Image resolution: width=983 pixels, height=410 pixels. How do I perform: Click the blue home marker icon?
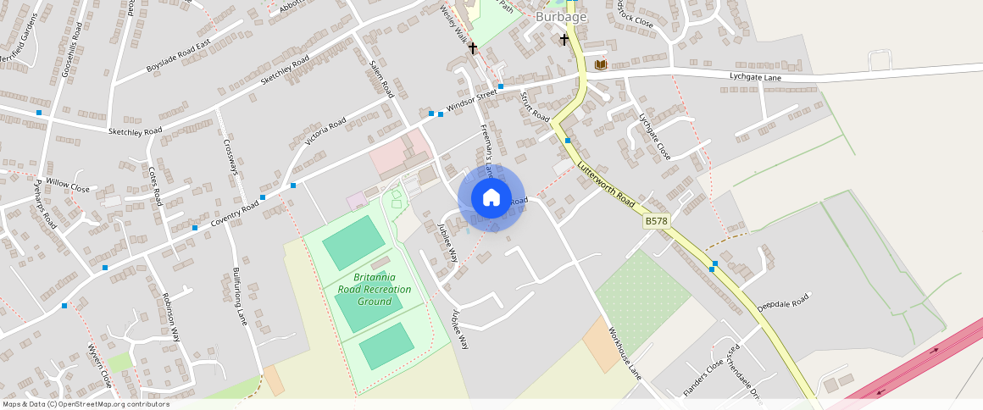[x=491, y=197]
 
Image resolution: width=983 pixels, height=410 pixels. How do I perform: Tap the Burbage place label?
[x=561, y=16]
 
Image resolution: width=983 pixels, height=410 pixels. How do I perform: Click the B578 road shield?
[x=656, y=221]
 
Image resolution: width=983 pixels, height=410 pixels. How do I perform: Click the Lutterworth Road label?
[x=607, y=187]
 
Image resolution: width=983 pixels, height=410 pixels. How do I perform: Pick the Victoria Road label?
[x=325, y=133]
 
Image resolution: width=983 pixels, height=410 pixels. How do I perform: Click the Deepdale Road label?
[x=785, y=302]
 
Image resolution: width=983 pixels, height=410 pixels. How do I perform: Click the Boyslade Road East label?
[x=177, y=56]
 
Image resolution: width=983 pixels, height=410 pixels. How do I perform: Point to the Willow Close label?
[x=68, y=184]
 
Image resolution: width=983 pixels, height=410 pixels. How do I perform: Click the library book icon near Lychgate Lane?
[x=601, y=64]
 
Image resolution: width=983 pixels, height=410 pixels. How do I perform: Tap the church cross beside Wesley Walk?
[x=473, y=49]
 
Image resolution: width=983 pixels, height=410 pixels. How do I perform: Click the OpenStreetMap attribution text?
[x=86, y=404]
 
